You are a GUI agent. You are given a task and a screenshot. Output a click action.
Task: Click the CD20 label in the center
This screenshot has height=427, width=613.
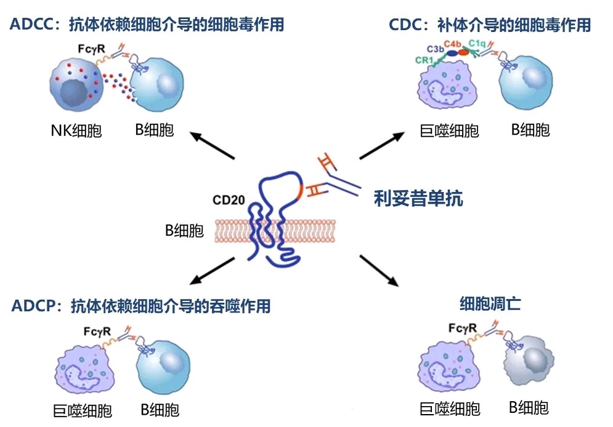229,200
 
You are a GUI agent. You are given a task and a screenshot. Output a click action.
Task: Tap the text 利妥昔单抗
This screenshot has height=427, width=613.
418,198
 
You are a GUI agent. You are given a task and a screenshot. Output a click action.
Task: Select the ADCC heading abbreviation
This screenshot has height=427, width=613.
30,25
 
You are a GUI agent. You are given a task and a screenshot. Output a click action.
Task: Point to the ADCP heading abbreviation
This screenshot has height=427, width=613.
35,306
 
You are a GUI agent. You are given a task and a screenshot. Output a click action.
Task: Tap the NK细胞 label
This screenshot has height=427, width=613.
76,130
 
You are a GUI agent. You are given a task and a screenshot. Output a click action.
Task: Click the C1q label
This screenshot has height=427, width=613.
477,42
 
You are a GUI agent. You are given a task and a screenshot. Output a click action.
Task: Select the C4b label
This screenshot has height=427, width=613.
453,42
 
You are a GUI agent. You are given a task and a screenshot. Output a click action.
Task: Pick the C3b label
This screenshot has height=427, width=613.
436,48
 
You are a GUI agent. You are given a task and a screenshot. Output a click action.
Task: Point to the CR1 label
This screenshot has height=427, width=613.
423,60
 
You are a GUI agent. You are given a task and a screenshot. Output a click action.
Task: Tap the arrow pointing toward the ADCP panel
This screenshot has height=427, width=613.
213,271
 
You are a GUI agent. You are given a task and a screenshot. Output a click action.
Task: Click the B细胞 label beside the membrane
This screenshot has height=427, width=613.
184,231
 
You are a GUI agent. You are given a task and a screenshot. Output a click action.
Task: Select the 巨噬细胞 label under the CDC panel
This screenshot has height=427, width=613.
449,130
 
